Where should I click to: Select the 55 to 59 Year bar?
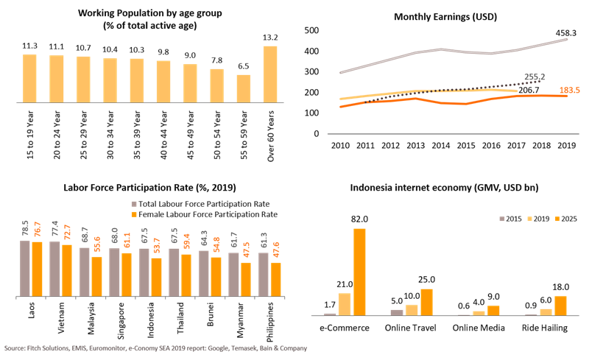tap(244, 90)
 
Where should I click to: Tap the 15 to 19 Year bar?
tap(29, 80)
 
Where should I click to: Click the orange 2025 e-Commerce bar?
tap(359, 272)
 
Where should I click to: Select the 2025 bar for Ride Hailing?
tap(561, 306)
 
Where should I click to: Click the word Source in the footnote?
tap(16, 347)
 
